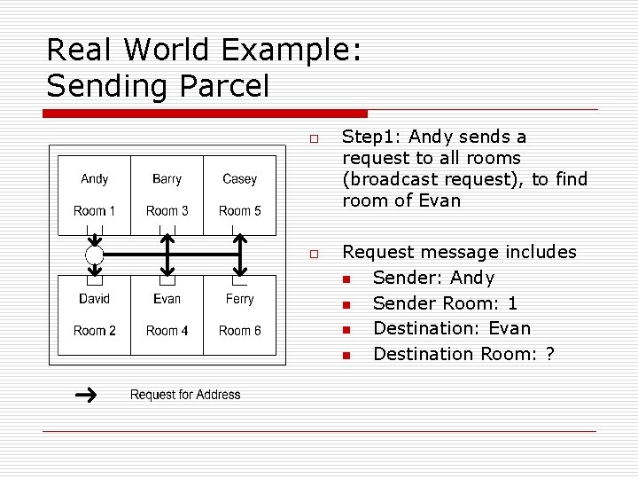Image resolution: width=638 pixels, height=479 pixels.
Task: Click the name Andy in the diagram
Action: tap(94, 179)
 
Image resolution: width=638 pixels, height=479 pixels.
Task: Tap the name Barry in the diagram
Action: tap(167, 179)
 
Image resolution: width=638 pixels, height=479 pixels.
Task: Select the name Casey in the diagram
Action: tap(239, 179)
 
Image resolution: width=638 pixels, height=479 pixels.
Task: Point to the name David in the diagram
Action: tap(94, 299)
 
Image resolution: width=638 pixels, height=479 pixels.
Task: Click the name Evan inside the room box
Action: tap(167, 299)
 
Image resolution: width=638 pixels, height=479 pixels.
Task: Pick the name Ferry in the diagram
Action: tap(239, 299)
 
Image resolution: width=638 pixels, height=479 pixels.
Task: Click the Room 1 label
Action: tap(94, 211)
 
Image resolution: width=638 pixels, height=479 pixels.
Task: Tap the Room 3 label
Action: tap(167, 211)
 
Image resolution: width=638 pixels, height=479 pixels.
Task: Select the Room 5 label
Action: tap(239, 211)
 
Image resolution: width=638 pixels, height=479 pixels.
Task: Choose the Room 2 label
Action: tap(94, 331)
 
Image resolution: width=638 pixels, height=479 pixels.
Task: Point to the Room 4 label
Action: tap(167, 331)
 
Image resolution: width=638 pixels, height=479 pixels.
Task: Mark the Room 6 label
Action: tap(239, 331)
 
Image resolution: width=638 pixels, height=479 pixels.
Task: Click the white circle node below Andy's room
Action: tap(94, 255)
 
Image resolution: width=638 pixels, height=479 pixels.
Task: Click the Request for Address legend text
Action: tap(185, 395)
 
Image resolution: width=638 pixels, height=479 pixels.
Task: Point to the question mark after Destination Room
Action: tap(551, 354)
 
